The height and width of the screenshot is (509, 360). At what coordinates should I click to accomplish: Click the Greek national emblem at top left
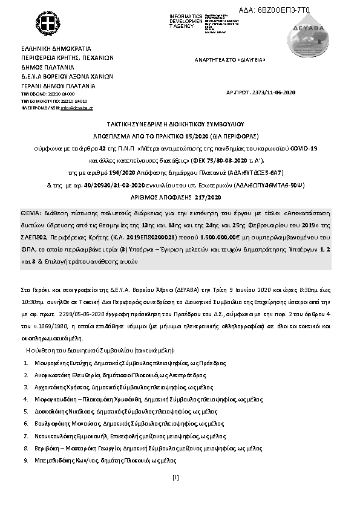click(x=46, y=25)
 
